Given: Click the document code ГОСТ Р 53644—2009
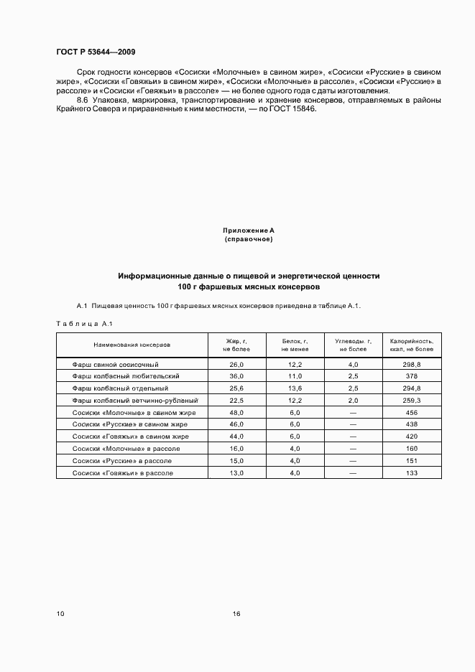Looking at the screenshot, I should (x=96, y=52).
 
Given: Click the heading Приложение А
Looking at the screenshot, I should (x=249, y=230).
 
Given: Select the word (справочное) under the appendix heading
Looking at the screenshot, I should (x=249, y=238).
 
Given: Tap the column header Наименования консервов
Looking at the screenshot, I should (x=132, y=345).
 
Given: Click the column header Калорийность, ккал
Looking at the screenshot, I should (x=411, y=345).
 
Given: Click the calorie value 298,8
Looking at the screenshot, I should (x=411, y=365).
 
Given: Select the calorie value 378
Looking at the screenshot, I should (x=411, y=376).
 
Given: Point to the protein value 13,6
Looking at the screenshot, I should (x=295, y=388).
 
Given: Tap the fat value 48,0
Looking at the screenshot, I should (x=236, y=413).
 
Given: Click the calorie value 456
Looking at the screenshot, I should (x=411, y=413).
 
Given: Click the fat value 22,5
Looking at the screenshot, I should (x=236, y=401).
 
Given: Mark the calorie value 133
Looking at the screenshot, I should (x=411, y=473).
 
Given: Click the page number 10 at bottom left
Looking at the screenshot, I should (x=60, y=614).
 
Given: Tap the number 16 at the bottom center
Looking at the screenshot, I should (x=236, y=614).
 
